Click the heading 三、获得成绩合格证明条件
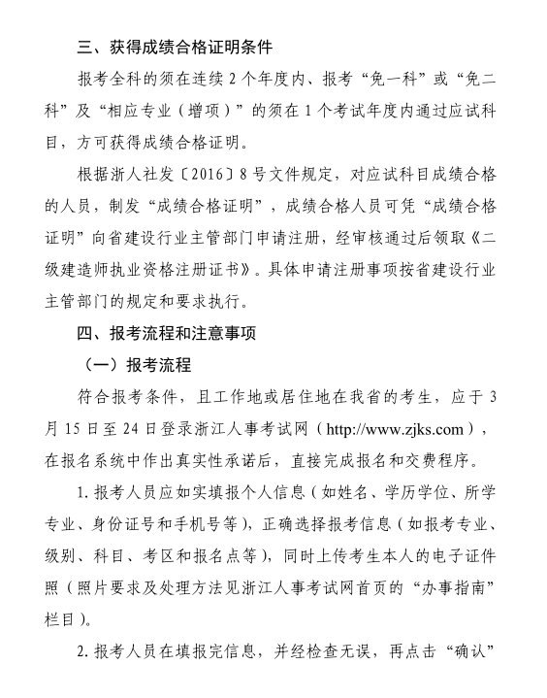[176, 46]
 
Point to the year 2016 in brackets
[205, 174]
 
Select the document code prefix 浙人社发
[142, 174]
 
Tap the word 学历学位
[412, 492]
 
